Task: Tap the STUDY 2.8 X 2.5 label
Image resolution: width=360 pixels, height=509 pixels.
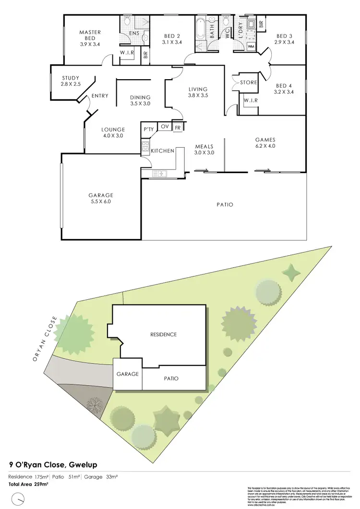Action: (x=71, y=82)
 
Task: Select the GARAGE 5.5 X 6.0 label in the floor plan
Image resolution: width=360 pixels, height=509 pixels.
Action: (x=101, y=199)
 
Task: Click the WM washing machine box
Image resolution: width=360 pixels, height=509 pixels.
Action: (x=251, y=47)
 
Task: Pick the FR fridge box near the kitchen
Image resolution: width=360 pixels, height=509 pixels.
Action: (x=178, y=127)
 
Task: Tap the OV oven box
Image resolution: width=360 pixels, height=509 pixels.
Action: (x=165, y=127)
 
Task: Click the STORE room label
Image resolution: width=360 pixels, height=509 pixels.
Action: (x=249, y=83)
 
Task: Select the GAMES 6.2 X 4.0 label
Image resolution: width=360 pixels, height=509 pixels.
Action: (x=265, y=143)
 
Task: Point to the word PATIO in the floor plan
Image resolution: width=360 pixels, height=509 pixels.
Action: (x=225, y=205)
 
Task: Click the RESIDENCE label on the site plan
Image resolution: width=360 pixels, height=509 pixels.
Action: (x=164, y=334)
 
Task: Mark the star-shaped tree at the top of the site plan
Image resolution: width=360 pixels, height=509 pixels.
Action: (x=290, y=273)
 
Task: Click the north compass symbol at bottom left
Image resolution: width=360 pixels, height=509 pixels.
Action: (x=17, y=499)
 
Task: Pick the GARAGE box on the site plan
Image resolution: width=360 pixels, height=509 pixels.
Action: (x=128, y=374)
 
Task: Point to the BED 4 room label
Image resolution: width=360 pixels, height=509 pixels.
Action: (x=283, y=89)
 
